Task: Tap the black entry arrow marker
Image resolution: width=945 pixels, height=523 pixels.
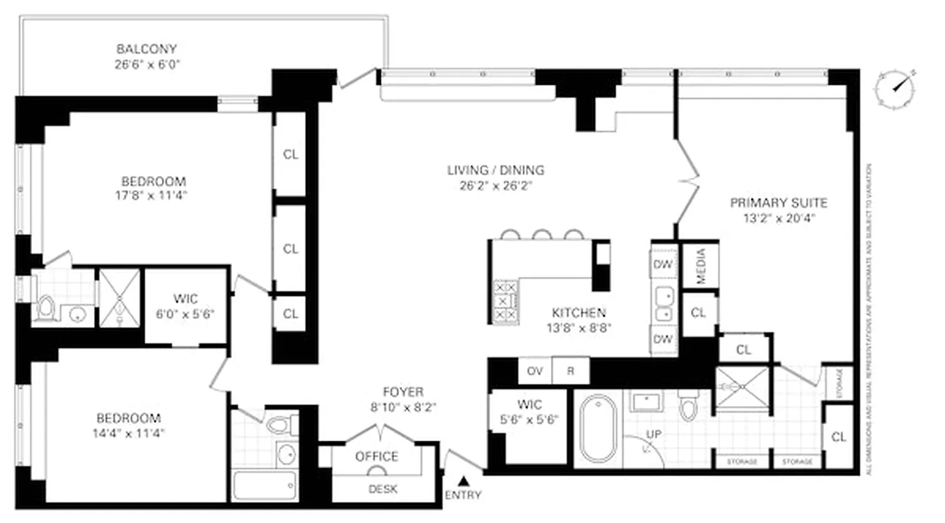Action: point(463,481)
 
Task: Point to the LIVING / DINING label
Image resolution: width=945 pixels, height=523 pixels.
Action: point(495,170)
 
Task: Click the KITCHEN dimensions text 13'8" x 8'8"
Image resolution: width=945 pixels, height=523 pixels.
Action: point(578,329)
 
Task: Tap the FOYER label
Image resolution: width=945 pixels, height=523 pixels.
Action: point(403,392)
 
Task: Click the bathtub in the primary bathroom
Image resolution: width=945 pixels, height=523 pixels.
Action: point(598,428)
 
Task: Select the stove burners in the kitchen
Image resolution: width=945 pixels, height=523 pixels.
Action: point(505,301)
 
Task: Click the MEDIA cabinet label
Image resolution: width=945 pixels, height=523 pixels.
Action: point(701,265)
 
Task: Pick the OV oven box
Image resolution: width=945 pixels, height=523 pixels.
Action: point(535,371)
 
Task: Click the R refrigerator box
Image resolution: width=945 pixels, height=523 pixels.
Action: point(571,371)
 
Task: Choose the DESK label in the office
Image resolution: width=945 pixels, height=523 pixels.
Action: point(383,489)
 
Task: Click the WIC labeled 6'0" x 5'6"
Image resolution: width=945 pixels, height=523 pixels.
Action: point(186,306)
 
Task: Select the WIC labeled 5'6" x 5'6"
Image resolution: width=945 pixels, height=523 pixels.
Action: point(527,412)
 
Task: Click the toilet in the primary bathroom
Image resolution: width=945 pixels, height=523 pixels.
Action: point(688,407)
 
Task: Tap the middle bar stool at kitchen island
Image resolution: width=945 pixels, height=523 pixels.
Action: point(542,234)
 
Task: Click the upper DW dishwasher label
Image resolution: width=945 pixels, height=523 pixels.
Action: point(662,265)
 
